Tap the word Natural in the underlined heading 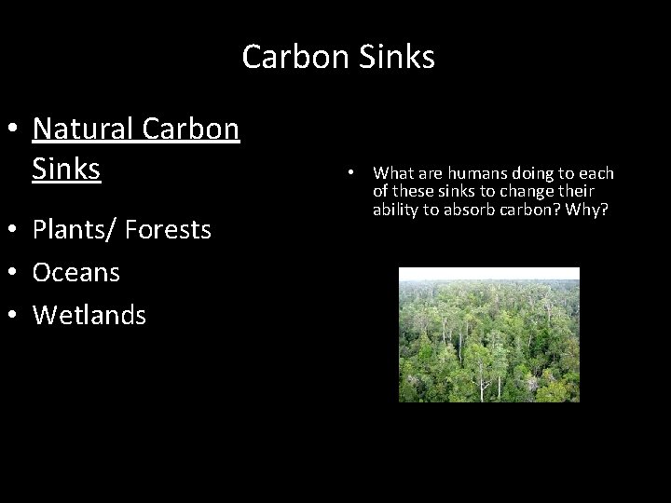click(83, 129)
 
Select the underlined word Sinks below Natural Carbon click(66, 170)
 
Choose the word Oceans click(76, 272)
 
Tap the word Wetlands click(89, 316)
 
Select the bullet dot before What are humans click(349, 174)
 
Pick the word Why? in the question click(591, 209)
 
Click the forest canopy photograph click(489, 334)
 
